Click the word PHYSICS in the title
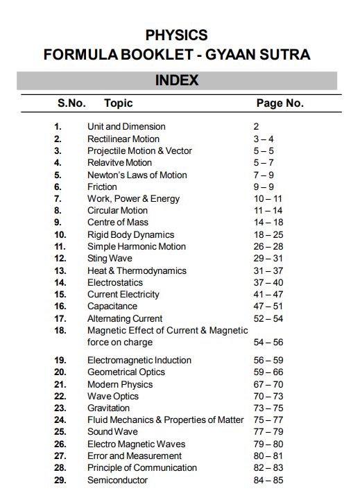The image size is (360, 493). click(x=177, y=35)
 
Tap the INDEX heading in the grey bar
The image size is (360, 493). click(x=177, y=80)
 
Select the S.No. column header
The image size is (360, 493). click(x=71, y=103)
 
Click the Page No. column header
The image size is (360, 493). click(x=280, y=103)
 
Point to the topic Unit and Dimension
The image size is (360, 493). click(x=126, y=127)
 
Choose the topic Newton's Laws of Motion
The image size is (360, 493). click(x=137, y=175)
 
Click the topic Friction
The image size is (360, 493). click(x=102, y=187)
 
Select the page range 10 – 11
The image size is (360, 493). click(x=268, y=199)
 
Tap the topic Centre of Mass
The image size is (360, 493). click(x=117, y=223)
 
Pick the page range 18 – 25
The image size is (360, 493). click(x=268, y=235)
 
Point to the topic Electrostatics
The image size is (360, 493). click(x=115, y=283)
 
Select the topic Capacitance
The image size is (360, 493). click(x=112, y=306)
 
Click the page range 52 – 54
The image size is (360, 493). click(x=268, y=319)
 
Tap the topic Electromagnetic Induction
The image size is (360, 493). click(x=139, y=361)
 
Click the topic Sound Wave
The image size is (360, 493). click(x=112, y=432)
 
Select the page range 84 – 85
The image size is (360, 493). click(x=268, y=481)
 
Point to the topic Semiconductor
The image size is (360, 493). click(x=117, y=481)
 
